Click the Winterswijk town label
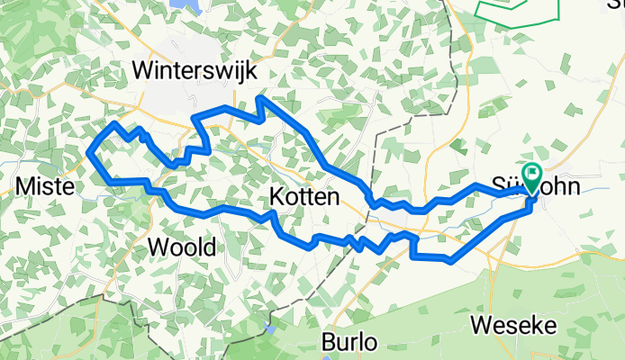click(x=194, y=69)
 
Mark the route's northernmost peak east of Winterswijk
click(x=259, y=97)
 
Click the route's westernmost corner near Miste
click(x=89, y=153)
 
